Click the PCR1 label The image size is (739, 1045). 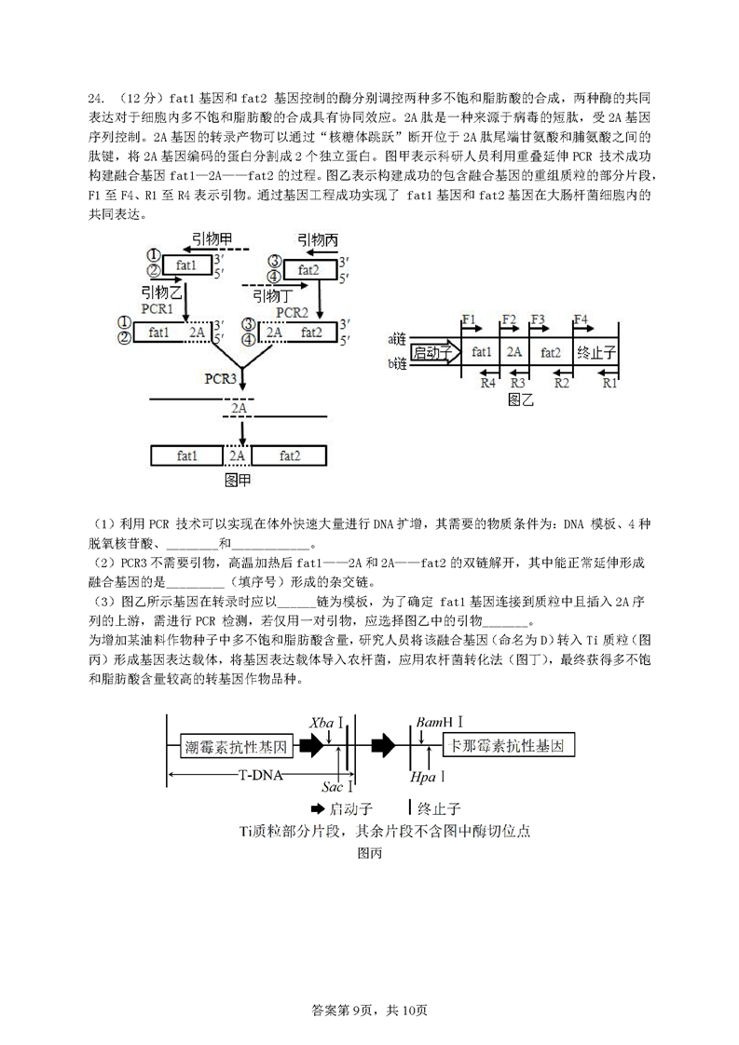point(157,309)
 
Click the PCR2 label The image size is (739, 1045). point(292,313)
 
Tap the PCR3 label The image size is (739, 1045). point(220,378)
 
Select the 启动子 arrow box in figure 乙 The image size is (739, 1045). point(435,353)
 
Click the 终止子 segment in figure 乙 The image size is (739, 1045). point(596,353)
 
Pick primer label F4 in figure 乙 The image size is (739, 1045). point(581,319)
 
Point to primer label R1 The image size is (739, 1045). point(609,383)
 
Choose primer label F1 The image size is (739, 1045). point(469,319)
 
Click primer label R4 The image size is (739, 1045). point(488,383)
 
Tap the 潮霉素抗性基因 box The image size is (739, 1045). point(236,746)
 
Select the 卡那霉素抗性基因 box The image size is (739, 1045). point(508,745)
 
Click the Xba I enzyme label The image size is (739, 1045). point(326,723)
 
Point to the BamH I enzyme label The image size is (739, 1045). point(439,722)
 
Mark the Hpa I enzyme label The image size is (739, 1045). point(427,777)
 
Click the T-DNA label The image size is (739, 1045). point(261,775)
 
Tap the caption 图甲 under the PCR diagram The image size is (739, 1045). point(238,480)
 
